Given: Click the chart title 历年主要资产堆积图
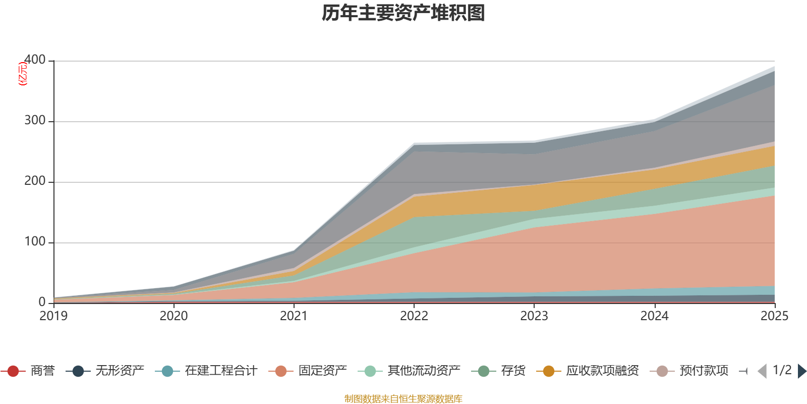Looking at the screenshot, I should [x=403, y=13].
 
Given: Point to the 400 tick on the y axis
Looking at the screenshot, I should [x=35, y=60].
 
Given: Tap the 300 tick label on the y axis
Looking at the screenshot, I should [x=35, y=121].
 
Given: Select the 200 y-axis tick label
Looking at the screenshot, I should [x=35, y=181].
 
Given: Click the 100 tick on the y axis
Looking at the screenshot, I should [x=35, y=242].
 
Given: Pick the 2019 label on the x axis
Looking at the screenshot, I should [x=53, y=316].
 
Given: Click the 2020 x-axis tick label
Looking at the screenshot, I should [x=174, y=316].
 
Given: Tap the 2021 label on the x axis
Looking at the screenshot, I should [x=294, y=316].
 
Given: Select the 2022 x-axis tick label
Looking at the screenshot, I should [x=414, y=316].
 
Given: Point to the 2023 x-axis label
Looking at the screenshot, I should [x=534, y=316].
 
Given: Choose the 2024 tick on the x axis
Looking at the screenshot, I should [x=654, y=316].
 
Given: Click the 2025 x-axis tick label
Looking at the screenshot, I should [x=774, y=316].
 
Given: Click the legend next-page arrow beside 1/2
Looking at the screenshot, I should [x=801, y=371].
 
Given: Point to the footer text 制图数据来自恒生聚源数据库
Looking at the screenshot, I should [x=403, y=399].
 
